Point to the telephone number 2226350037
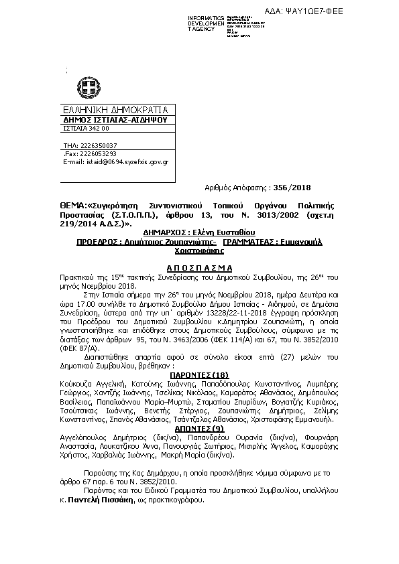pos(99,145)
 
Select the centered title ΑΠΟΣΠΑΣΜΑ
pos(199,266)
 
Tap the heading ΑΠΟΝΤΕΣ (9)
pos(199,427)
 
